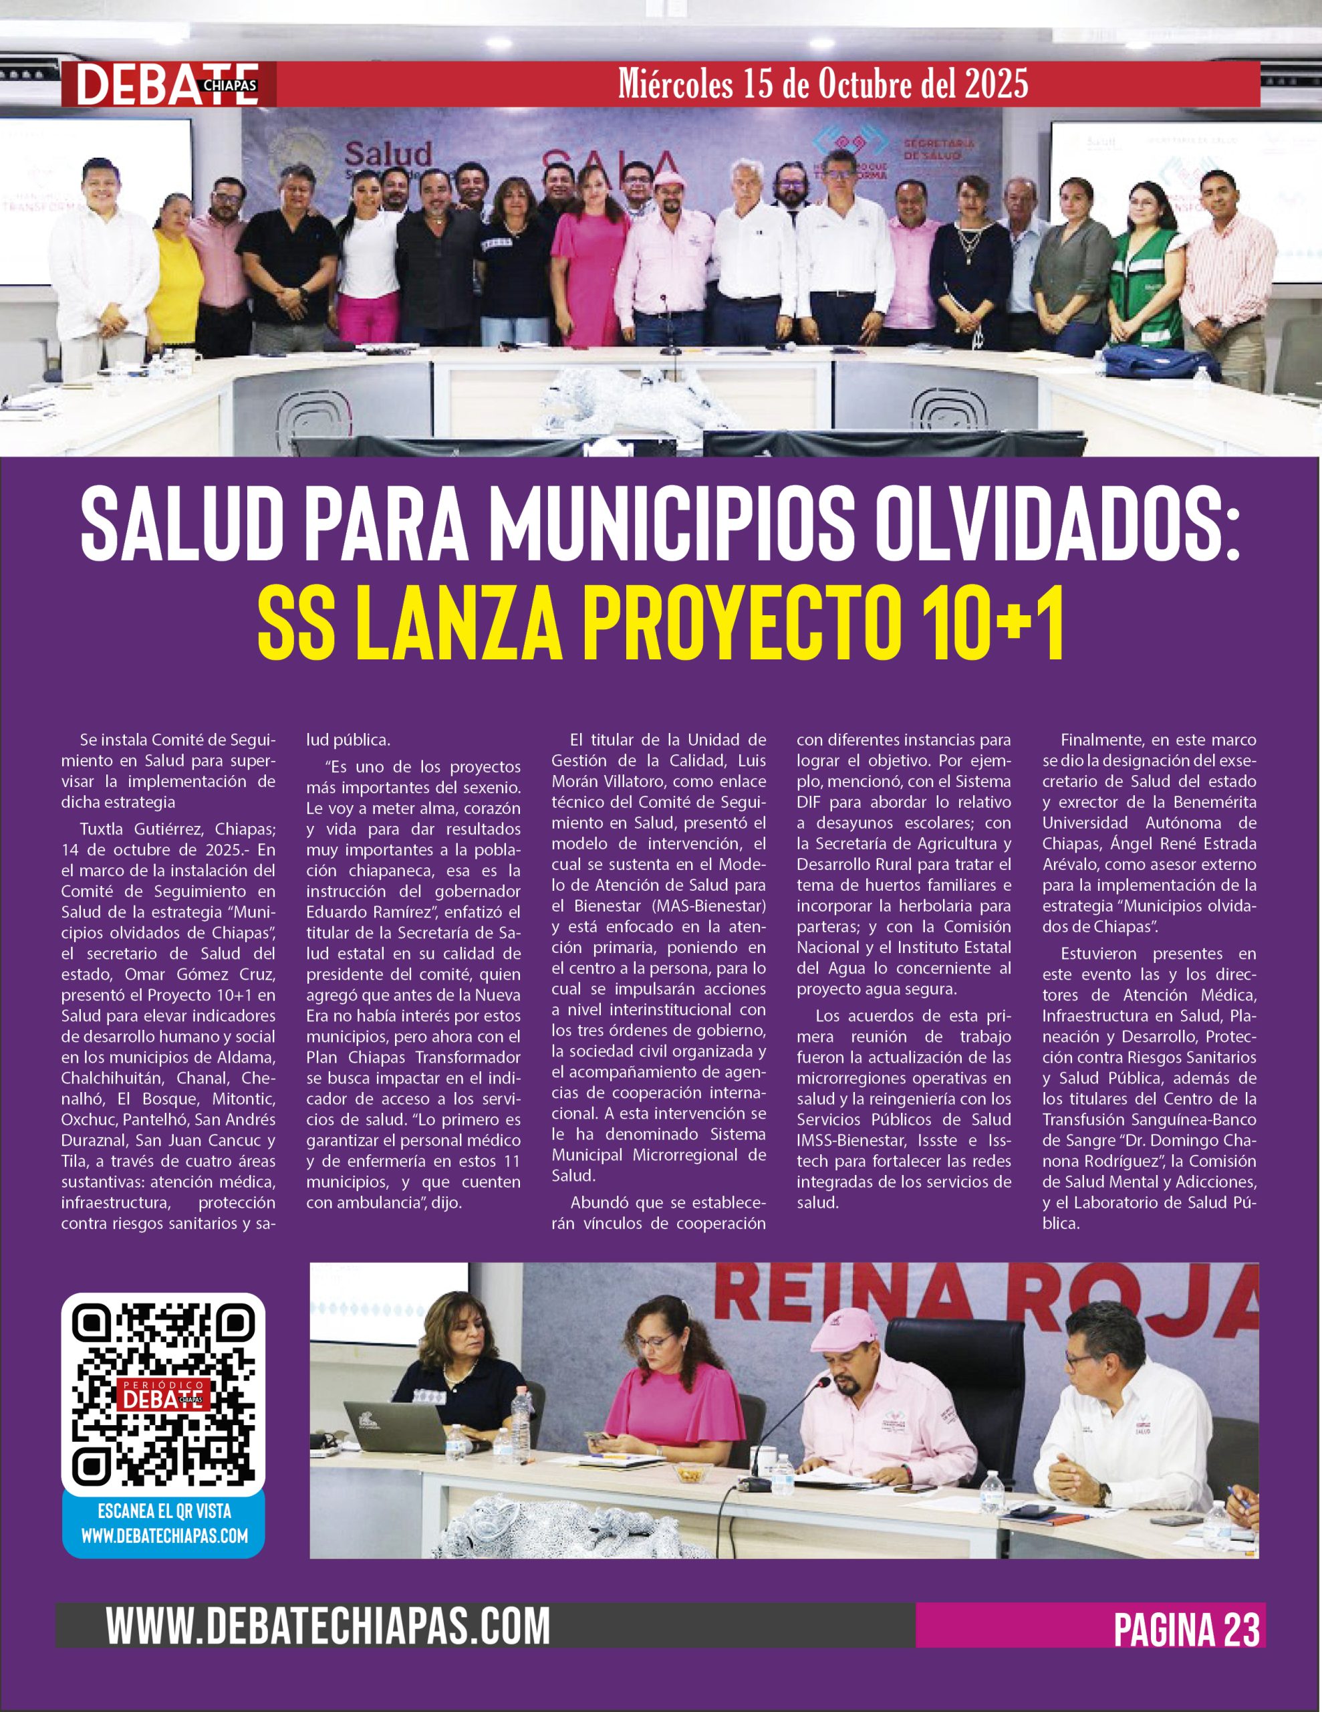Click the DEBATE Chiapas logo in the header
pos(168,85)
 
